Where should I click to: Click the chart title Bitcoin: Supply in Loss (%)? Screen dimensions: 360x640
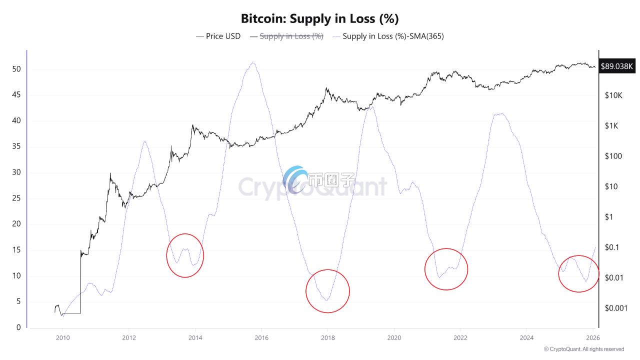pos(319,19)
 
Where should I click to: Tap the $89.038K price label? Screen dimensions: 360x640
pos(617,65)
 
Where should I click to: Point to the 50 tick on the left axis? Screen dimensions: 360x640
pos(16,69)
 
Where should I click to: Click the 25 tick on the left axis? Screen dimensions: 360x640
pos(16,198)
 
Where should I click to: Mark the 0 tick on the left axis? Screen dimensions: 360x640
pos(18,327)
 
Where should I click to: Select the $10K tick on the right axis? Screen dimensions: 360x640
pos(612,95)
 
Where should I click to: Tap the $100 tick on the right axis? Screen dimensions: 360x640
pos(612,156)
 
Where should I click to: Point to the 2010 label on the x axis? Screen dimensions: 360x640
pos(62,338)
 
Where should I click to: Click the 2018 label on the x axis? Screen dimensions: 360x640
pos(327,338)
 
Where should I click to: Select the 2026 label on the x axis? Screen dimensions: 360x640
pos(593,338)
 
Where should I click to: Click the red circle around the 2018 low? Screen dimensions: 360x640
pos(327,291)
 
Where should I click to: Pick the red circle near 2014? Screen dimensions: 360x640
pos(185,255)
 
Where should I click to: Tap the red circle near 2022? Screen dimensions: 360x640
pos(446,269)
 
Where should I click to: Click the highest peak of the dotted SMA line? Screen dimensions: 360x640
pos(253,63)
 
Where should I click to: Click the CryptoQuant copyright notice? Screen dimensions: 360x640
pos(584,349)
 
